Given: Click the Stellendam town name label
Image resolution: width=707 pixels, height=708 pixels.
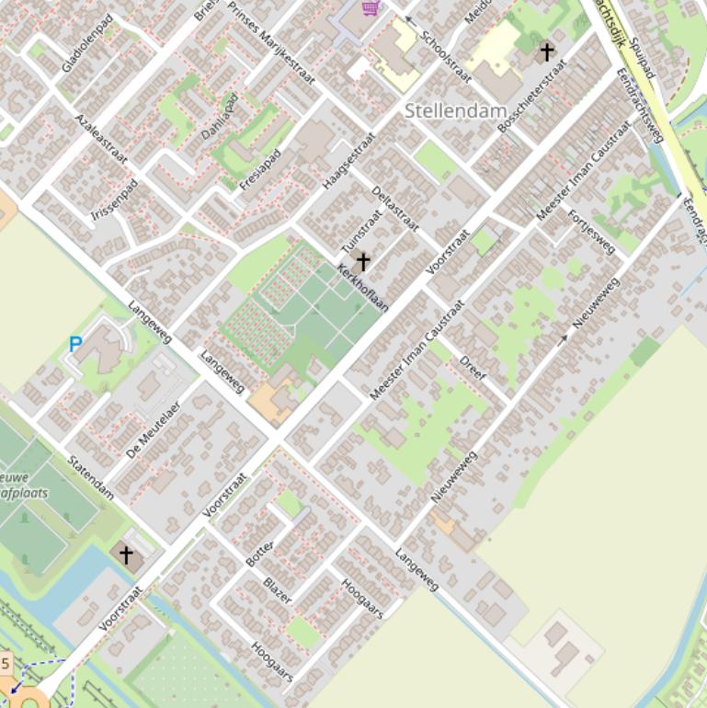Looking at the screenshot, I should pos(455,111).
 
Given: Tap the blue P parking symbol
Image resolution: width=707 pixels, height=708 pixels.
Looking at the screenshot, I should pos(75,345).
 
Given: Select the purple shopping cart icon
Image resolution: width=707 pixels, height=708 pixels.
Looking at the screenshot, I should pos(371,8).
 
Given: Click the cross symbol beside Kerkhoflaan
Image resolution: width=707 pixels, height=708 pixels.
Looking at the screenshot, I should pos(363,262).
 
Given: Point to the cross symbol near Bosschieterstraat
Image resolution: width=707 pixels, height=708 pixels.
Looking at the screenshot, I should pos(547,51).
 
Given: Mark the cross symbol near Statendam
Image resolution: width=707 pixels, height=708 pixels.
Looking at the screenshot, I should pos(126,554).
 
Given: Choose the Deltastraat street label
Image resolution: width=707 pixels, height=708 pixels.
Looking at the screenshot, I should pos(395,209).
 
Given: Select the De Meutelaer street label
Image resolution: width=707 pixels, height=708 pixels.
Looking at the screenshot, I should pos(154,429).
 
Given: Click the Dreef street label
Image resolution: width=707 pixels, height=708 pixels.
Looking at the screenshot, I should pos(473,368).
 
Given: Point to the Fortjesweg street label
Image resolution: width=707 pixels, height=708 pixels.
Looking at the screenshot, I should pos(591,232).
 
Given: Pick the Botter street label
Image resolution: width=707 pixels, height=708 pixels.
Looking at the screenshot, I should pos(259,550).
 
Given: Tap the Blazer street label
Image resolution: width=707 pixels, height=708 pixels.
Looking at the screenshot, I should pos(277,590).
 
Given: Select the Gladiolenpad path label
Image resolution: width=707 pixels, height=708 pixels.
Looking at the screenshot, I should pos(87,43).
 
